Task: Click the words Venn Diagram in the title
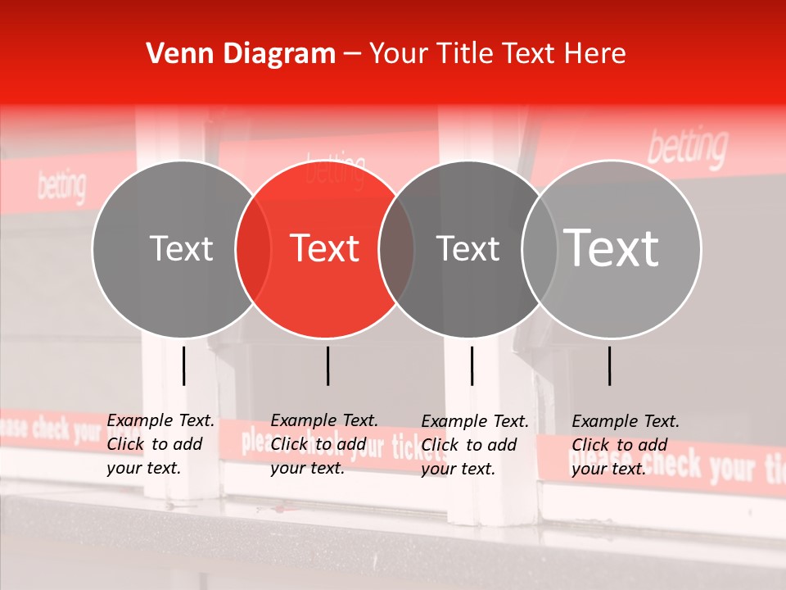241,54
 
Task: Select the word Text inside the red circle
325,248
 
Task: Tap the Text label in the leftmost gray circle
181,248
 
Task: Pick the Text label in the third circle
468,248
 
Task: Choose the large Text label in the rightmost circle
612,248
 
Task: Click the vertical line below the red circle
327,365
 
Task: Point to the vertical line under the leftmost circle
183,365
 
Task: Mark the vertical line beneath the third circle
472,365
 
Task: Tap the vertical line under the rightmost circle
609,365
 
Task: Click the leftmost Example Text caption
160,444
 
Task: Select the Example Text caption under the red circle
324,444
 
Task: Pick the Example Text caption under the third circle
475,445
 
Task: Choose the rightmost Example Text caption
626,445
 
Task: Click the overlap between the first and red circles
253,248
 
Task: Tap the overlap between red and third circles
396,248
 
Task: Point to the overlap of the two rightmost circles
540,248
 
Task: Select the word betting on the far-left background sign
61,187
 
